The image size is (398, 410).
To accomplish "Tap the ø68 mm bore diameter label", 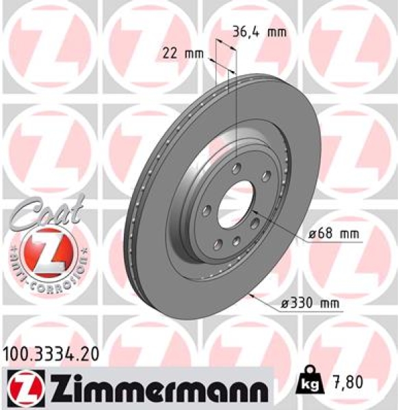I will [x=333, y=234].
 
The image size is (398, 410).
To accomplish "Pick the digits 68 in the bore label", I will [x=323, y=234].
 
